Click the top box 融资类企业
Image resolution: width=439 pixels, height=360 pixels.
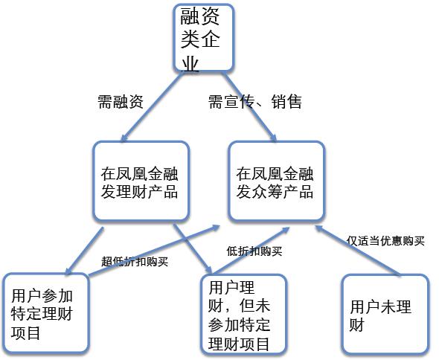[x=204, y=37]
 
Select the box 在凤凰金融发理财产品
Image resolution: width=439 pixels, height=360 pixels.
[x=141, y=181]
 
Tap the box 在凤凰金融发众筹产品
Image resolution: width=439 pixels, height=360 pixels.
[x=276, y=181]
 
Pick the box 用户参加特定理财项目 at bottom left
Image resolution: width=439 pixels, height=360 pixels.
[x=45, y=312]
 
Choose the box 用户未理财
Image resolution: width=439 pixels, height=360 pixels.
[x=386, y=315]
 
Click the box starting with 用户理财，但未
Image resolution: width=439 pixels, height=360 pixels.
[x=244, y=315]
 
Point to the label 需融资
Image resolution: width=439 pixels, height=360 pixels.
[x=121, y=101]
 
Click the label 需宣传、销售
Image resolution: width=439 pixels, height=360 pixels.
[x=255, y=101]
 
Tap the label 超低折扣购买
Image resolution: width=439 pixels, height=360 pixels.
[x=135, y=262]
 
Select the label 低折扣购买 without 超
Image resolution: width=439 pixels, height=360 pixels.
[x=254, y=251]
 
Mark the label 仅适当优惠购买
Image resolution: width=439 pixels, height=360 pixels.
[x=385, y=241]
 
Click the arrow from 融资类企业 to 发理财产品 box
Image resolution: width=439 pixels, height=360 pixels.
[x=152, y=106]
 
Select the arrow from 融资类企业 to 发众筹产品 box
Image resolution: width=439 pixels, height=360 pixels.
[x=249, y=106]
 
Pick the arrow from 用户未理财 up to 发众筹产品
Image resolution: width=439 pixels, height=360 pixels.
[x=358, y=251]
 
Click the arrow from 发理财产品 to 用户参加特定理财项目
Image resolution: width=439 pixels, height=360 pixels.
[x=85, y=251]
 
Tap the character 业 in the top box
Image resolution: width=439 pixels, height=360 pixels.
[x=190, y=64]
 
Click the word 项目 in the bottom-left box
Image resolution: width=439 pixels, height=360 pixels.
[x=26, y=332]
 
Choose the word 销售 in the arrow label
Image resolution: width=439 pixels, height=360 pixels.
[x=286, y=101]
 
